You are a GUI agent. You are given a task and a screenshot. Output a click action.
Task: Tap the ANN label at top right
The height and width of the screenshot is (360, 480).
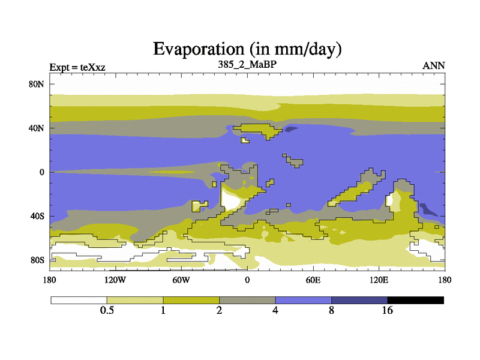(x=434, y=66)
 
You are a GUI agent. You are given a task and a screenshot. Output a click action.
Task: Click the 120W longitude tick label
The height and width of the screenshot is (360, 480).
(x=115, y=280)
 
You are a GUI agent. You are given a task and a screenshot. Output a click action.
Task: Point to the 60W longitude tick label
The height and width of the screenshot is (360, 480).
(x=181, y=280)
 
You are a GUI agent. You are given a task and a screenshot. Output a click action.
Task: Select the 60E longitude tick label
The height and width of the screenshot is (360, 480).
(x=313, y=280)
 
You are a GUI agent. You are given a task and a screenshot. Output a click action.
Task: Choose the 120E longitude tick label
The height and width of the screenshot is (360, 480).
(x=379, y=280)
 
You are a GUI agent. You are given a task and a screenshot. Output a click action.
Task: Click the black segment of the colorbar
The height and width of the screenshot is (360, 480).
(x=416, y=299)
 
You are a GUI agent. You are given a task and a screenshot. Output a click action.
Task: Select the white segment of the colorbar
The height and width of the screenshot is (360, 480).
(x=79, y=299)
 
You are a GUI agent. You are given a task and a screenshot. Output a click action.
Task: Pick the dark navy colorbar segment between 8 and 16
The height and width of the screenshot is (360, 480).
(x=359, y=299)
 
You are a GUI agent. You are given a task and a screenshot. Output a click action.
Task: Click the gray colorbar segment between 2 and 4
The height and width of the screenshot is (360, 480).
(x=247, y=299)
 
